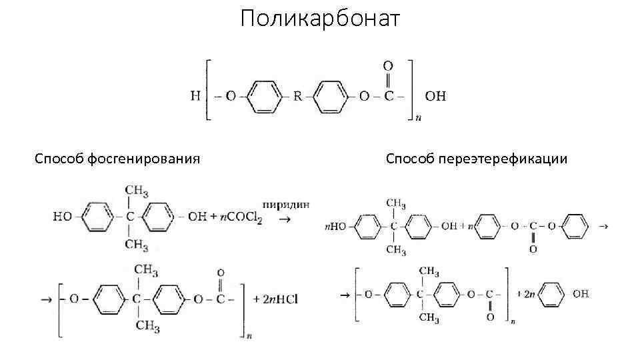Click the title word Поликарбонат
[320, 19]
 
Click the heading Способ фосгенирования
[117, 159]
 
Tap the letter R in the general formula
[298, 96]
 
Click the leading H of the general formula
[195, 96]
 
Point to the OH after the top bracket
[435, 96]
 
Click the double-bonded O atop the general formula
[387, 66]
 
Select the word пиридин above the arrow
[286, 204]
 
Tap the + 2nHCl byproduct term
[274, 299]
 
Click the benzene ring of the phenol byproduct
[551, 293]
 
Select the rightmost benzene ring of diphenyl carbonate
[574, 227]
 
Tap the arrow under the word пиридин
[284, 221]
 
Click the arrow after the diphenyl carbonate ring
[603, 227]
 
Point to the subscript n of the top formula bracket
[418, 119]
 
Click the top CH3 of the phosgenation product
[146, 270]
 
